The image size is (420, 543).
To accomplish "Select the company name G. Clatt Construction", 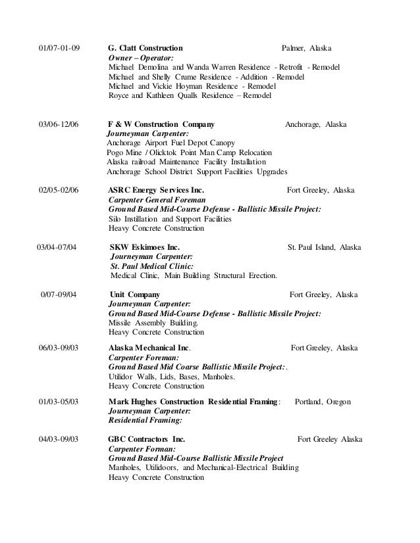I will pyautogui.click(x=145, y=49).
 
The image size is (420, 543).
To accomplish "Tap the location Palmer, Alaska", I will pyautogui.click(x=307, y=49).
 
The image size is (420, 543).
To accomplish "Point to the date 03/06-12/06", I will pyautogui.click(x=59, y=124).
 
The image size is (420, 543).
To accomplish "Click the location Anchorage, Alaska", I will pyautogui.click(x=316, y=124).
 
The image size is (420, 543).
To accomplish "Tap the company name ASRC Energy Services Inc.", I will pyautogui.click(x=156, y=191).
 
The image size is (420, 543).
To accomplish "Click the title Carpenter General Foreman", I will pyautogui.click(x=157, y=200).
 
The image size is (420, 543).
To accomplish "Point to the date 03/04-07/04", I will pyautogui.click(x=56, y=248).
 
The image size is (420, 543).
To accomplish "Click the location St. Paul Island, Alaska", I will pyautogui.click(x=325, y=248).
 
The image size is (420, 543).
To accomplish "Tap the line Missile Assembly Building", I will pyautogui.click(x=153, y=324).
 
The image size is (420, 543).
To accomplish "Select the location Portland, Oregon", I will pyautogui.click(x=323, y=401).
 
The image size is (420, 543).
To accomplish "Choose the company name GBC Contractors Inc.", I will pyautogui.click(x=146, y=439).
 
